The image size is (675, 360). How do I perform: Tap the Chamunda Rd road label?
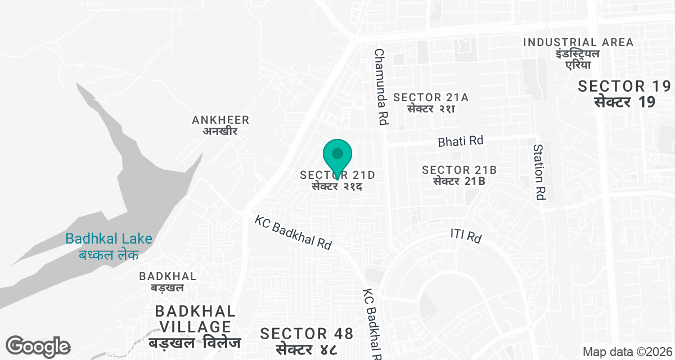click(x=381, y=86)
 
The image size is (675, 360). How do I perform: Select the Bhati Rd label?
click(x=461, y=141)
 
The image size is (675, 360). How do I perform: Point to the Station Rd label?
click(x=540, y=172)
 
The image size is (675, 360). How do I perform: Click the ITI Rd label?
click(x=466, y=236)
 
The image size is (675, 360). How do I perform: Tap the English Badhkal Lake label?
click(x=109, y=238)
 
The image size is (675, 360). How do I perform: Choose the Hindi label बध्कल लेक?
click(x=109, y=254)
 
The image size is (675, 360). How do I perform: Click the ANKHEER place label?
click(x=220, y=120)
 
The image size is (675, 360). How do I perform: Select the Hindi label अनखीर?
click(x=220, y=132)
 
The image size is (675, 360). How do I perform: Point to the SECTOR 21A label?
click(x=431, y=97)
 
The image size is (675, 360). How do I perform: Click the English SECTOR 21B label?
click(x=459, y=170)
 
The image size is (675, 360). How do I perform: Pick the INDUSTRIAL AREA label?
click(x=578, y=42)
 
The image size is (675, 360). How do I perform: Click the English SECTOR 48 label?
click(x=307, y=334)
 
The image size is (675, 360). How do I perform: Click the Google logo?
click(x=38, y=346)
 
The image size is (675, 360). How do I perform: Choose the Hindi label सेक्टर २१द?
click(x=337, y=187)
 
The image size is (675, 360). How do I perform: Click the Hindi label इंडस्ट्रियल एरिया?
click(x=578, y=59)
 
